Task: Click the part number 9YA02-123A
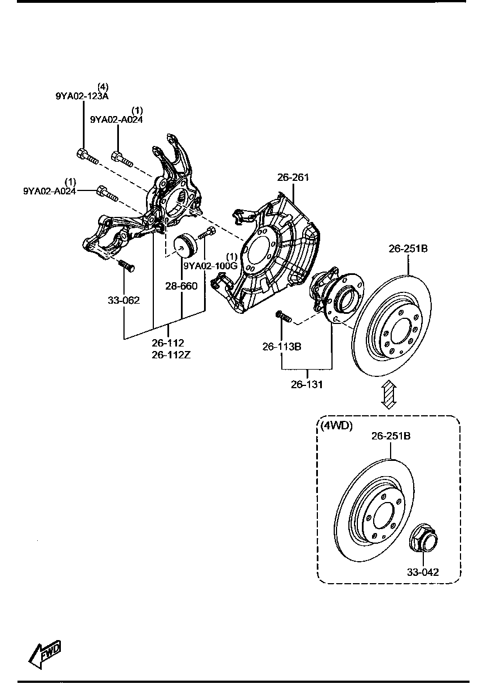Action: tap(82, 96)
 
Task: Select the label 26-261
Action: tap(293, 177)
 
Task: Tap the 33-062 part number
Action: tap(123, 300)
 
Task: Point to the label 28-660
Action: tap(181, 286)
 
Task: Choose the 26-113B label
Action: tap(281, 347)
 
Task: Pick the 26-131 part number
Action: tap(307, 385)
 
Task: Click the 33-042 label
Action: tap(423, 572)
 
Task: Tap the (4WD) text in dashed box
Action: tap(337, 426)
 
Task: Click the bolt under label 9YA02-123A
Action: tap(86, 156)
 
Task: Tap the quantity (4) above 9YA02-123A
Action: tap(103, 87)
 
